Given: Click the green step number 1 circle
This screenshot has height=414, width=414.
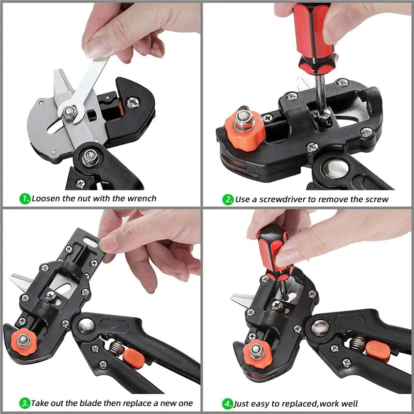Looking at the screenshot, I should [24, 198].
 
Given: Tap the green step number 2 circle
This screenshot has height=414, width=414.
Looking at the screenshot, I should [228, 199].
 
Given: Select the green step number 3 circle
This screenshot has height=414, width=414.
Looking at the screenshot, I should [24, 403].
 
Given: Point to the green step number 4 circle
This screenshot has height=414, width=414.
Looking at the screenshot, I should [228, 403].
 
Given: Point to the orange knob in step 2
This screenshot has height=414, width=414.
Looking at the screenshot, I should [244, 129].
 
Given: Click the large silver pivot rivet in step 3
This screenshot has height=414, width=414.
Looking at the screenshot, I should [85, 325].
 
